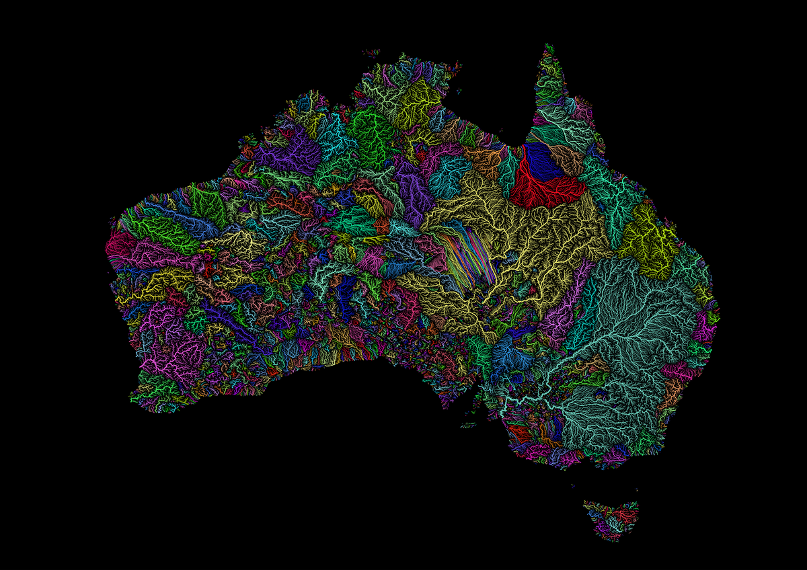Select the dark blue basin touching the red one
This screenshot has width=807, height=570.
pyautogui.click(x=541, y=160)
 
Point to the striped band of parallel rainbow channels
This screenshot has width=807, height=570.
pyautogui.click(x=464, y=259)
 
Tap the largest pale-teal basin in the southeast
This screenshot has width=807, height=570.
pyautogui.click(x=632, y=336)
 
